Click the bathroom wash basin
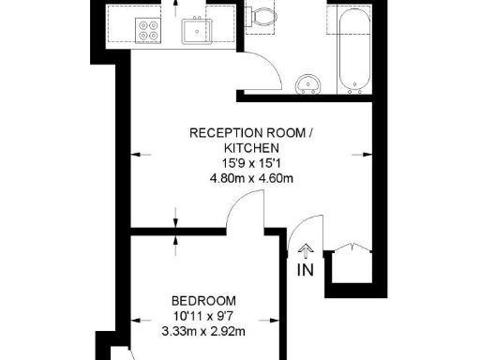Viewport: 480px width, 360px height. [x=308, y=85]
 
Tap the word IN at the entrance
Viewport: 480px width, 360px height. [x=305, y=271]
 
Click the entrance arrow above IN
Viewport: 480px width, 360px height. [x=305, y=250]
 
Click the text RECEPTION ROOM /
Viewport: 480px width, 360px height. [x=251, y=133]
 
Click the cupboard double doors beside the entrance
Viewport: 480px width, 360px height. [x=349, y=247]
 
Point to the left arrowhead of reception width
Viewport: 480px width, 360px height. [x=134, y=152]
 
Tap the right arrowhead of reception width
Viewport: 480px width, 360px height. [x=367, y=152]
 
